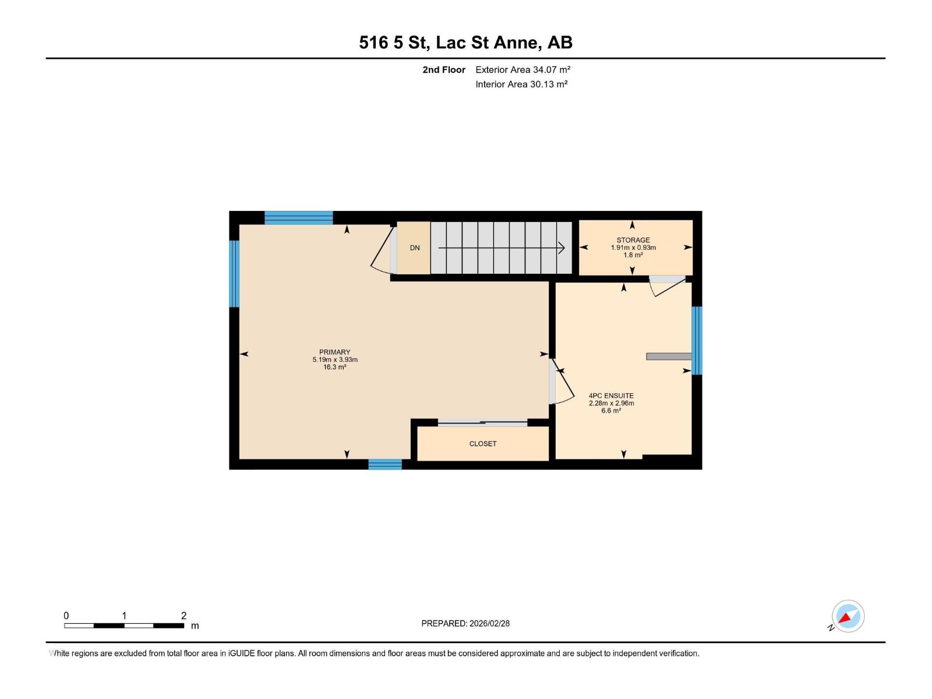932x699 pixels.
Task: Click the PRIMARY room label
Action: (x=334, y=352)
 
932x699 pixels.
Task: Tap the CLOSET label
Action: (x=483, y=444)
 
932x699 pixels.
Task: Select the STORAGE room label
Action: (x=633, y=240)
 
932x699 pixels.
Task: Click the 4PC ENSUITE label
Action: (x=611, y=396)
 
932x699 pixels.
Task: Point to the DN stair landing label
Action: (x=415, y=248)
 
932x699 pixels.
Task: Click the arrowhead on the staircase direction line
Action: (x=562, y=248)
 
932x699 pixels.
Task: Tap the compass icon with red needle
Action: (x=848, y=616)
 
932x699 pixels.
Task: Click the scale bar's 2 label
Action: (x=183, y=616)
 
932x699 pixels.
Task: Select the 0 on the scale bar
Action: (x=66, y=616)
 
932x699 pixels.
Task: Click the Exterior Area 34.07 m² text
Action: (x=523, y=70)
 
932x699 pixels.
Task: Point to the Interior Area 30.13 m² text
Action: (x=521, y=84)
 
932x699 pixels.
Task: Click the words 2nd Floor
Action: (x=444, y=70)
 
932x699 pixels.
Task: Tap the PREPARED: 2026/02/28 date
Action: (x=465, y=623)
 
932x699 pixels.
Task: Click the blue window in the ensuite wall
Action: (x=697, y=341)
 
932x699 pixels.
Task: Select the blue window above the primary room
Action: (x=299, y=218)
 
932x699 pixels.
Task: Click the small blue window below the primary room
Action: (x=385, y=464)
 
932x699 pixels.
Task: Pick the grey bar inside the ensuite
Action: (x=669, y=356)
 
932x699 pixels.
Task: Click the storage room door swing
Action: (x=667, y=285)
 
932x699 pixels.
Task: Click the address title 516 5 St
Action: (x=394, y=43)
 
